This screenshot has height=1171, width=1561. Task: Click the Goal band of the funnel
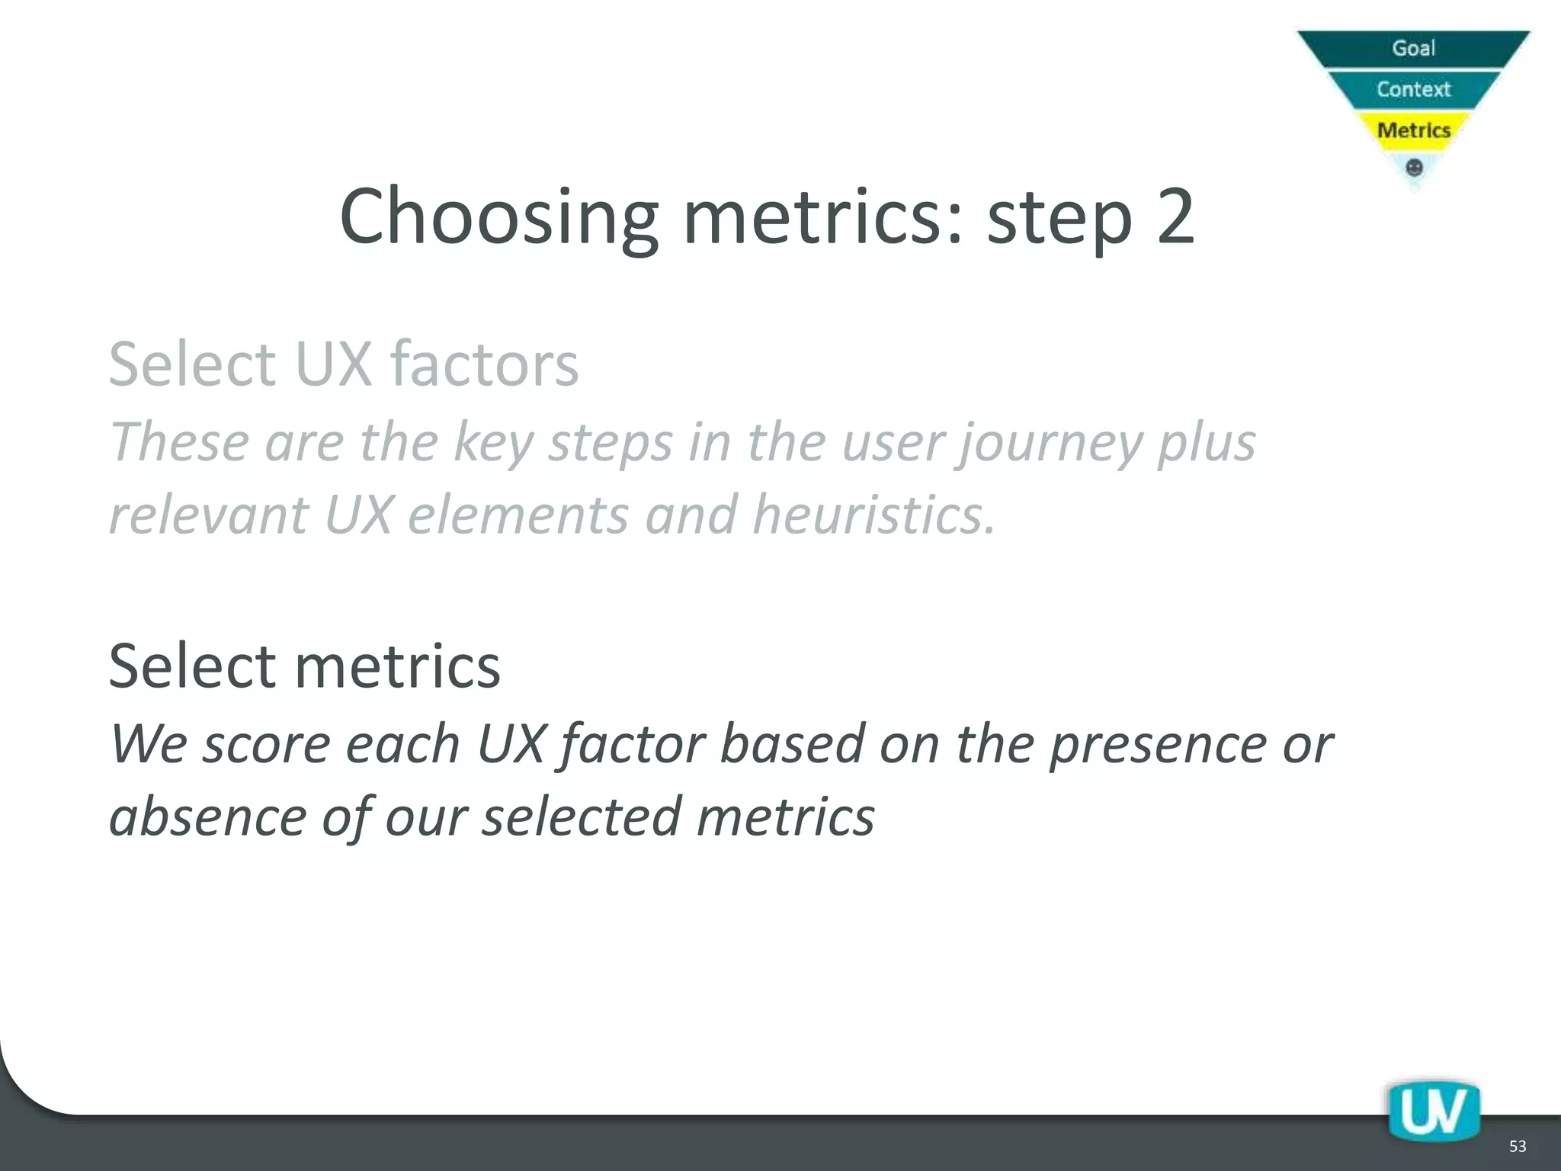[x=1413, y=48]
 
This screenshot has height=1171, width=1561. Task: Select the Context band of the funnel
[x=1413, y=89]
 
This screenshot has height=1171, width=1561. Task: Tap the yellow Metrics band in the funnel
[x=1413, y=130]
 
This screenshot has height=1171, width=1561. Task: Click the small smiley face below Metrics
[x=1413, y=167]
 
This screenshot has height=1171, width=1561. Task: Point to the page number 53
[x=1517, y=1147]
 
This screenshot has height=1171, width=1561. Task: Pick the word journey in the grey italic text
[x=1052, y=444]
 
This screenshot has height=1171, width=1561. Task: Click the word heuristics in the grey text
[x=873, y=515]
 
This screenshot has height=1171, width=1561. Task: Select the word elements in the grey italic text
[x=518, y=515]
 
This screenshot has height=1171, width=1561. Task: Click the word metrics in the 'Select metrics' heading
[x=397, y=666]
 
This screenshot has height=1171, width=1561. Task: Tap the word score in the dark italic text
[x=266, y=745]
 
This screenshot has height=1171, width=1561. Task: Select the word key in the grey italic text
[x=492, y=444]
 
